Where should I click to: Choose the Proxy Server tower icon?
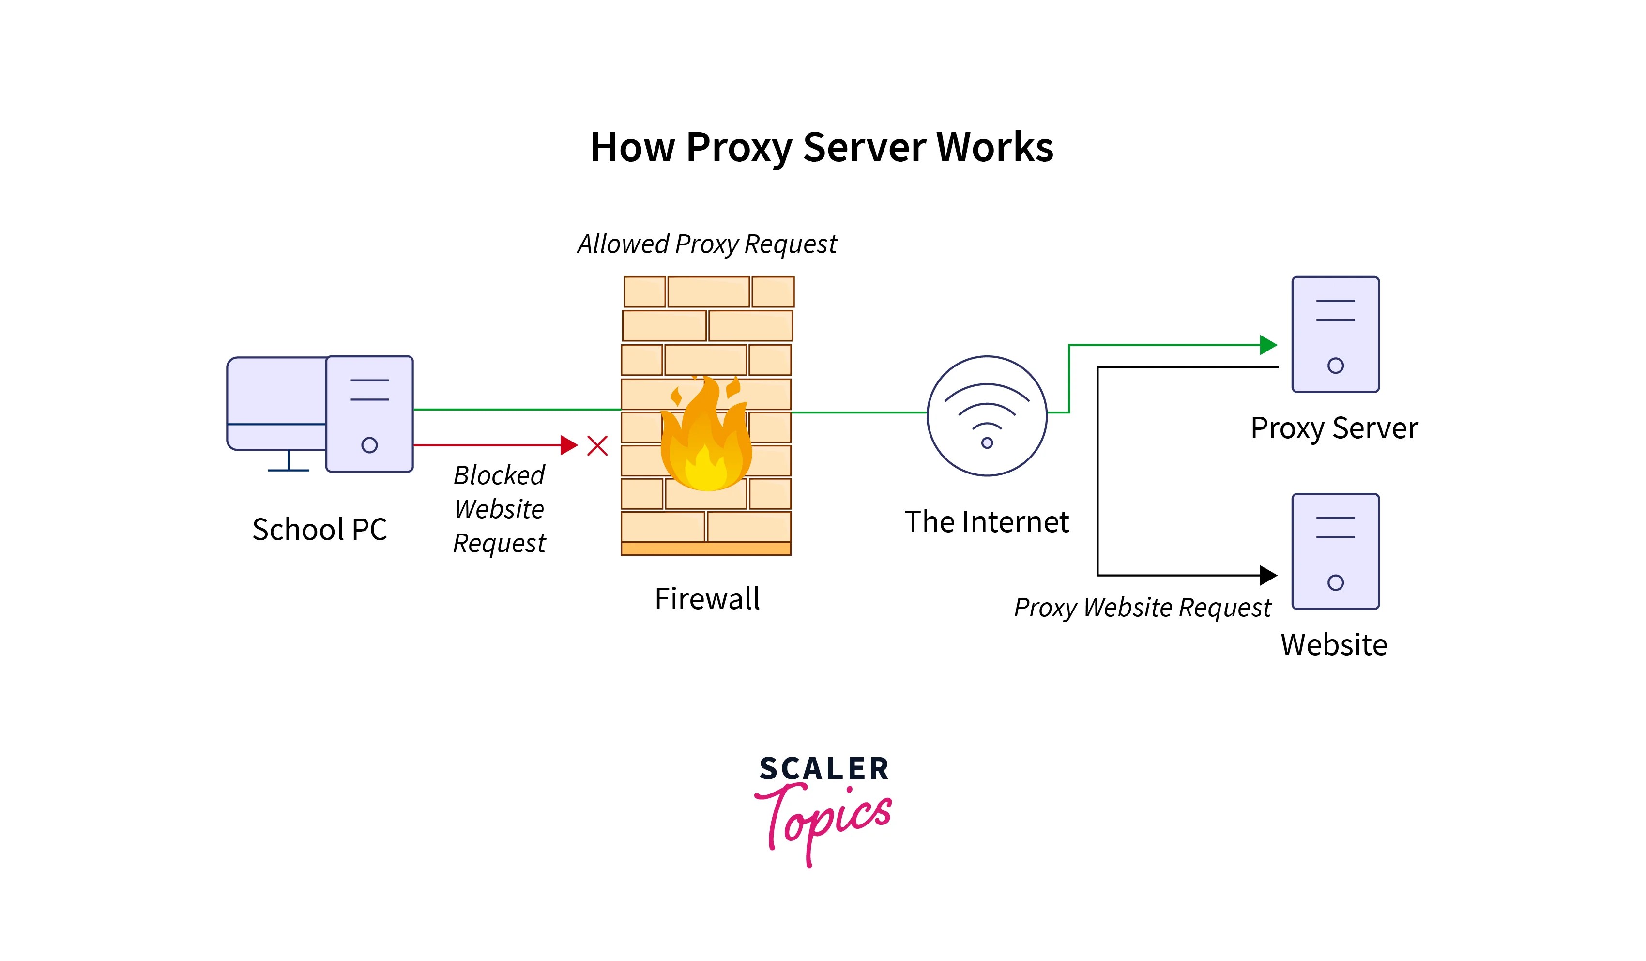pyautogui.click(x=1335, y=334)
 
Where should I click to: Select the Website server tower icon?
pyautogui.click(x=1335, y=551)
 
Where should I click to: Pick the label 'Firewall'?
pyautogui.click(x=707, y=598)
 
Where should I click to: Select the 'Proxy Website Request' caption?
pyautogui.click(x=1142, y=608)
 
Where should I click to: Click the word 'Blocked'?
pyautogui.click(x=499, y=475)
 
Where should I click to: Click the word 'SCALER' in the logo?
pyautogui.click(x=823, y=768)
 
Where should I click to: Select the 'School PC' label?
pyautogui.click(x=320, y=529)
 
